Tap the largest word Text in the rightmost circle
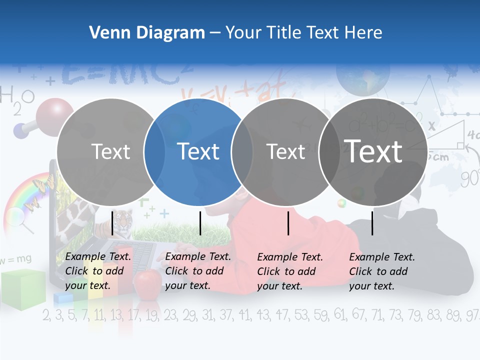pyautogui.click(x=373, y=151)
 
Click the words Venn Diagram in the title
pyautogui.click(x=147, y=33)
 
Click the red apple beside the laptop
pyautogui.click(x=147, y=283)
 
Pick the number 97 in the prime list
pyautogui.click(x=471, y=315)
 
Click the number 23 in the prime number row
pyautogui.click(x=170, y=315)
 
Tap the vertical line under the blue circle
pyautogui.click(x=200, y=223)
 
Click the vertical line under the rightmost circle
pyautogui.click(x=372, y=223)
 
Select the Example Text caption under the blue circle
pyautogui.click(x=198, y=271)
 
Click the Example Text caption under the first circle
pyautogui.click(x=98, y=271)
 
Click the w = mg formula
pyautogui.click(x=16, y=259)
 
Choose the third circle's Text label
pyautogui.click(x=286, y=151)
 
